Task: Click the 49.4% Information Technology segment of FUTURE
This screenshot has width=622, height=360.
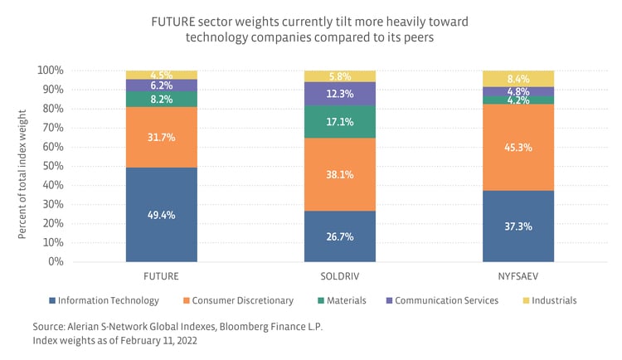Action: tap(161, 215)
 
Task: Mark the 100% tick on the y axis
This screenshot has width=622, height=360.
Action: tap(51, 71)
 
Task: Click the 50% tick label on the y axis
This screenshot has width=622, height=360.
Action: tap(54, 166)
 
